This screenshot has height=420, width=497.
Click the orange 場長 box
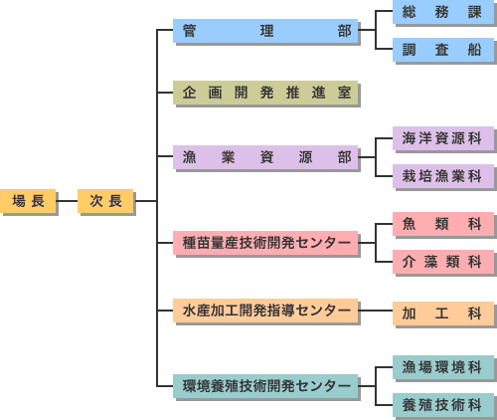(x=28, y=202)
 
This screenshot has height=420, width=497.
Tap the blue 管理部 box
(x=265, y=31)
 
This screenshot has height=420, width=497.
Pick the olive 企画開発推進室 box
(x=265, y=94)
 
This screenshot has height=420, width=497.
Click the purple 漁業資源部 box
(x=265, y=157)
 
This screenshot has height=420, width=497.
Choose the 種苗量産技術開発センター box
(x=265, y=243)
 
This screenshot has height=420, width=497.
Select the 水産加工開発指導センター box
(x=265, y=312)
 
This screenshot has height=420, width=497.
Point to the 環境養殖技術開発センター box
(x=265, y=384)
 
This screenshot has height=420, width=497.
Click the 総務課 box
(x=443, y=13)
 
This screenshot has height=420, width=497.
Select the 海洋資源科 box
(x=443, y=138)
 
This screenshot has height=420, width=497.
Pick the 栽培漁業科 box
(x=443, y=176)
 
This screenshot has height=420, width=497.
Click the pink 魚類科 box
(x=443, y=225)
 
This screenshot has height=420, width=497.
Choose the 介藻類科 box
(x=443, y=262)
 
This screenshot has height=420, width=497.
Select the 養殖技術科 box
(x=443, y=404)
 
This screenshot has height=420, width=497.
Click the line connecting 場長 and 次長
(x=67, y=202)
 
